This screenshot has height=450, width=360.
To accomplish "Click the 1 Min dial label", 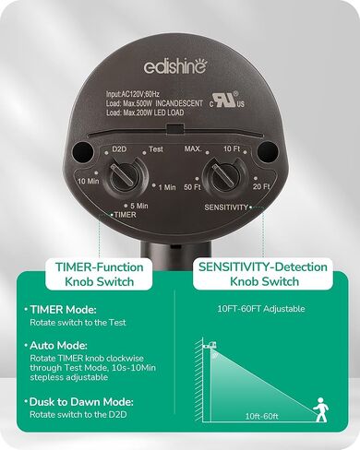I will [x=166, y=188].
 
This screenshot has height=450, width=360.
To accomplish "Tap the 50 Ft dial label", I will [x=193, y=187].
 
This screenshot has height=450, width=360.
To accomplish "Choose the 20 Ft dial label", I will [x=261, y=187].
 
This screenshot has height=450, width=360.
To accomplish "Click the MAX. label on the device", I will [x=192, y=148].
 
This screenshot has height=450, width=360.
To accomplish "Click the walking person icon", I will [x=320, y=406].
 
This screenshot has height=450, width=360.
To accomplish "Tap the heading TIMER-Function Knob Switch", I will [x=101, y=274].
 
